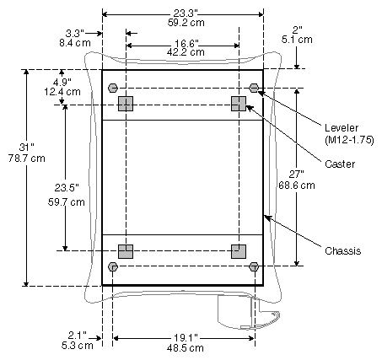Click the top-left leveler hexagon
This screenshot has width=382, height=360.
tap(113, 88)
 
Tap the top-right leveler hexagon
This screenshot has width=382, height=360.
tap(254, 88)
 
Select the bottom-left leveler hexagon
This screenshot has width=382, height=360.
tap(113, 266)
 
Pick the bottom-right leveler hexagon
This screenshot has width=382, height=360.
tap(254, 266)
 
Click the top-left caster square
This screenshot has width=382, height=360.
tap(126, 104)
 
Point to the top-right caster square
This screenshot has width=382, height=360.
tap(239, 104)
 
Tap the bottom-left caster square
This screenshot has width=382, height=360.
tap(126, 251)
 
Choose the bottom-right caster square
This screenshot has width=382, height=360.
tap(239, 251)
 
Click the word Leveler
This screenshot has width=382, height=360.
tap(342, 128)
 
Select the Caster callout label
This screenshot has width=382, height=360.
tap(340, 164)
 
